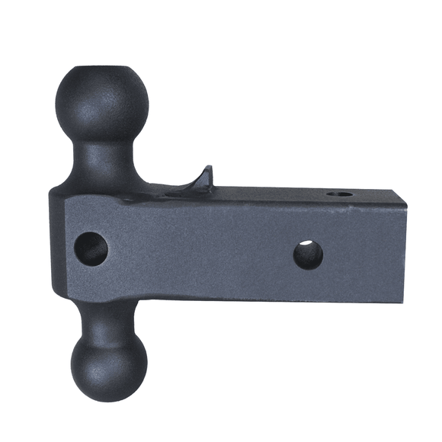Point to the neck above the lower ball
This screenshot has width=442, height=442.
click(x=103, y=316)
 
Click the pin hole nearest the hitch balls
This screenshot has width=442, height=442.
click(x=91, y=249)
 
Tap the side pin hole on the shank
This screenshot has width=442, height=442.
click(x=308, y=255)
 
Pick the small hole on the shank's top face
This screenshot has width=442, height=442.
click(x=340, y=195)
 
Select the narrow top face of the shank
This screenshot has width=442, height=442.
click(x=290, y=195)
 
